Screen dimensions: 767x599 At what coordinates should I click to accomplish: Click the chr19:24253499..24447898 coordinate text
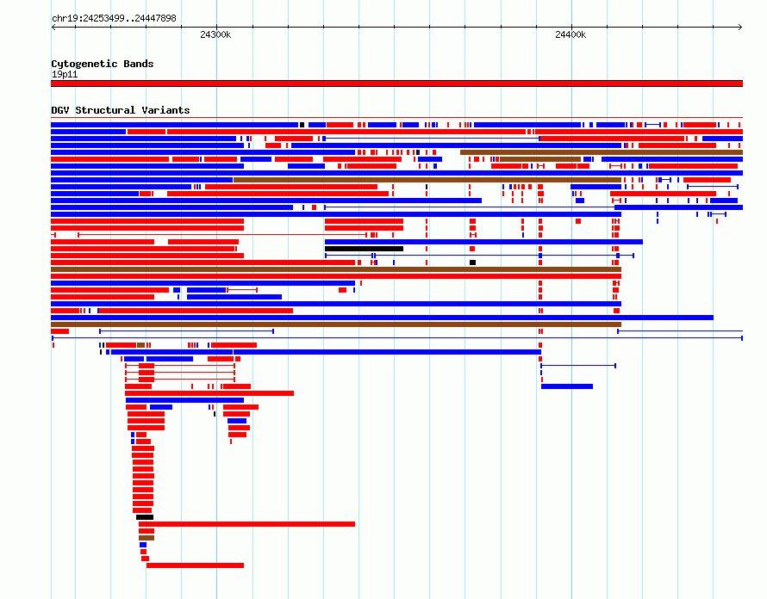click(114, 19)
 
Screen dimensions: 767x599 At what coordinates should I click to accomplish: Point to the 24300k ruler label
click(215, 34)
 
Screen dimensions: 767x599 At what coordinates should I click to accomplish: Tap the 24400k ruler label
click(571, 34)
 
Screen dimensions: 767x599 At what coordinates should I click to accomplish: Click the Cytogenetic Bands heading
click(103, 64)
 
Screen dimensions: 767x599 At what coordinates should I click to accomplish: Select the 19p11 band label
click(65, 74)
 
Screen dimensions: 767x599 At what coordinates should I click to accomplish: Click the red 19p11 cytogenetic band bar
click(396, 83)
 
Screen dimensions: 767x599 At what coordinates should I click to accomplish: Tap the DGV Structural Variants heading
click(121, 110)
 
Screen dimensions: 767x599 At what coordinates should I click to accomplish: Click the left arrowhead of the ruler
click(53, 28)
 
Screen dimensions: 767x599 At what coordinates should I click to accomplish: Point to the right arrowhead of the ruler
click(740, 28)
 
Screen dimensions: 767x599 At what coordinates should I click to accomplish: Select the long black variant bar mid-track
click(364, 249)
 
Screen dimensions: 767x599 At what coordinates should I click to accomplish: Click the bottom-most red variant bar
click(195, 565)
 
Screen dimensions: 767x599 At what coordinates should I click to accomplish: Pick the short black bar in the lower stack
click(145, 517)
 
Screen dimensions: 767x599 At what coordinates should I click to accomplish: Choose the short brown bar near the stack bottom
click(147, 538)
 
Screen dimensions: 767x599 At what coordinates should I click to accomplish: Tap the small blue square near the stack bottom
click(143, 545)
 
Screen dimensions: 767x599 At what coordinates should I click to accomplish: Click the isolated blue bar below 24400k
click(567, 386)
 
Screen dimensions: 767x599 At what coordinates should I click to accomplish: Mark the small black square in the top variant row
click(302, 125)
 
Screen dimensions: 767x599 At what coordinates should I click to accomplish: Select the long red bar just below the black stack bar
click(247, 524)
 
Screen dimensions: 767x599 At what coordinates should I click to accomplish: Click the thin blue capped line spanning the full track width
click(397, 338)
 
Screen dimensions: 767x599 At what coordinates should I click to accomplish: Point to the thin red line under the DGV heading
click(396, 118)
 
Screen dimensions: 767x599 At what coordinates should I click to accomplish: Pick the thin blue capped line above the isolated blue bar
click(578, 366)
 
